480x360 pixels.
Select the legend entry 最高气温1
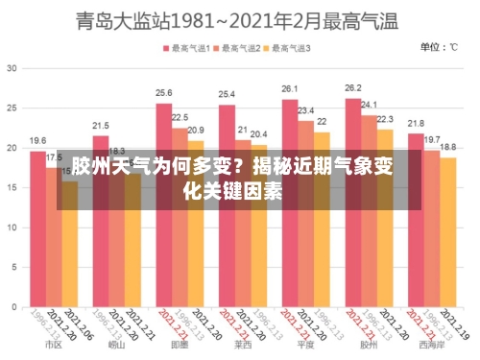click(x=190, y=47)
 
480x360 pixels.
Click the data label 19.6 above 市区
click(x=37, y=140)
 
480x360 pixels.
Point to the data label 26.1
click(x=290, y=89)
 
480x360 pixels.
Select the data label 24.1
click(x=369, y=105)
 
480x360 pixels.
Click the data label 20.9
click(x=196, y=130)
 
